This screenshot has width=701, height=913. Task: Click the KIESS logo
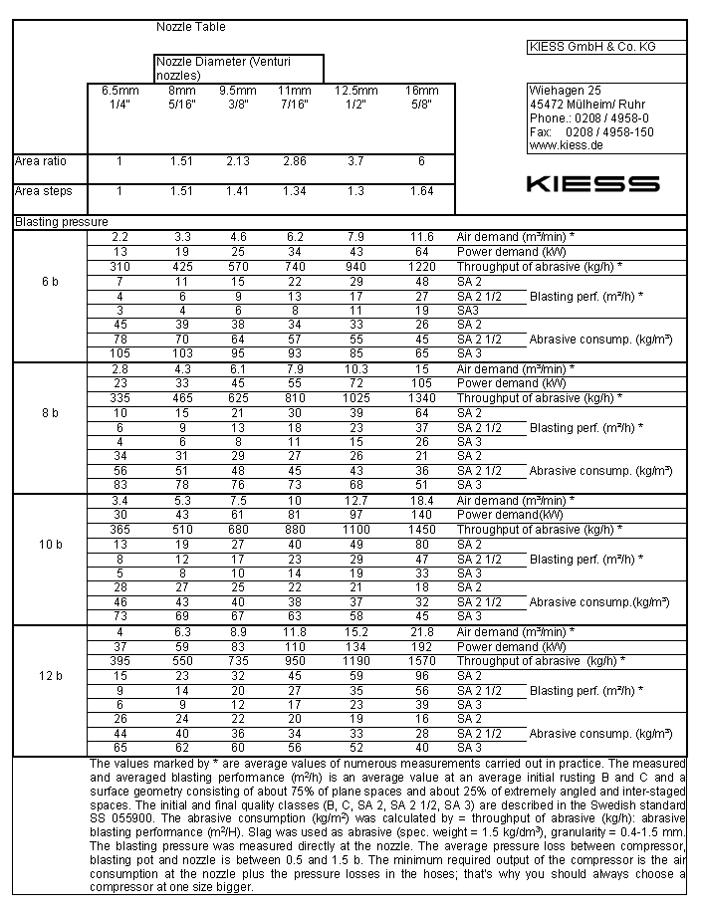click(x=591, y=184)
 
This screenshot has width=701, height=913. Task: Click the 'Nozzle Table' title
click(x=191, y=27)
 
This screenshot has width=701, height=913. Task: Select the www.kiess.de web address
click(x=566, y=145)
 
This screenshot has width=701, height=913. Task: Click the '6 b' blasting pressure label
click(x=50, y=282)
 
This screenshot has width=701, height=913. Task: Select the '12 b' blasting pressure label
click(x=50, y=676)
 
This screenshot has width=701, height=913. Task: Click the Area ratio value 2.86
click(x=295, y=161)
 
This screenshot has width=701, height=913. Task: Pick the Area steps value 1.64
click(x=421, y=191)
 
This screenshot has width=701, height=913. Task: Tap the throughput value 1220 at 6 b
click(x=421, y=267)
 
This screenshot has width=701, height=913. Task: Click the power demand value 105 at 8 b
click(x=421, y=383)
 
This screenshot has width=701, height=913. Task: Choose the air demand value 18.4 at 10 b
click(x=421, y=500)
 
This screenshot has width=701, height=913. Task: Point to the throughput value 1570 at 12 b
click(x=421, y=661)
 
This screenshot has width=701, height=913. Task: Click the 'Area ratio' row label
click(x=39, y=161)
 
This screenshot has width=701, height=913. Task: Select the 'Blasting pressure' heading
click(x=61, y=222)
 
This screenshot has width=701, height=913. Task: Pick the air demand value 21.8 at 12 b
click(x=421, y=632)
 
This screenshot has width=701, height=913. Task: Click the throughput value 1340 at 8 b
click(x=421, y=398)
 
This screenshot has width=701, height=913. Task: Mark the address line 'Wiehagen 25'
click(x=566, y=91)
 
